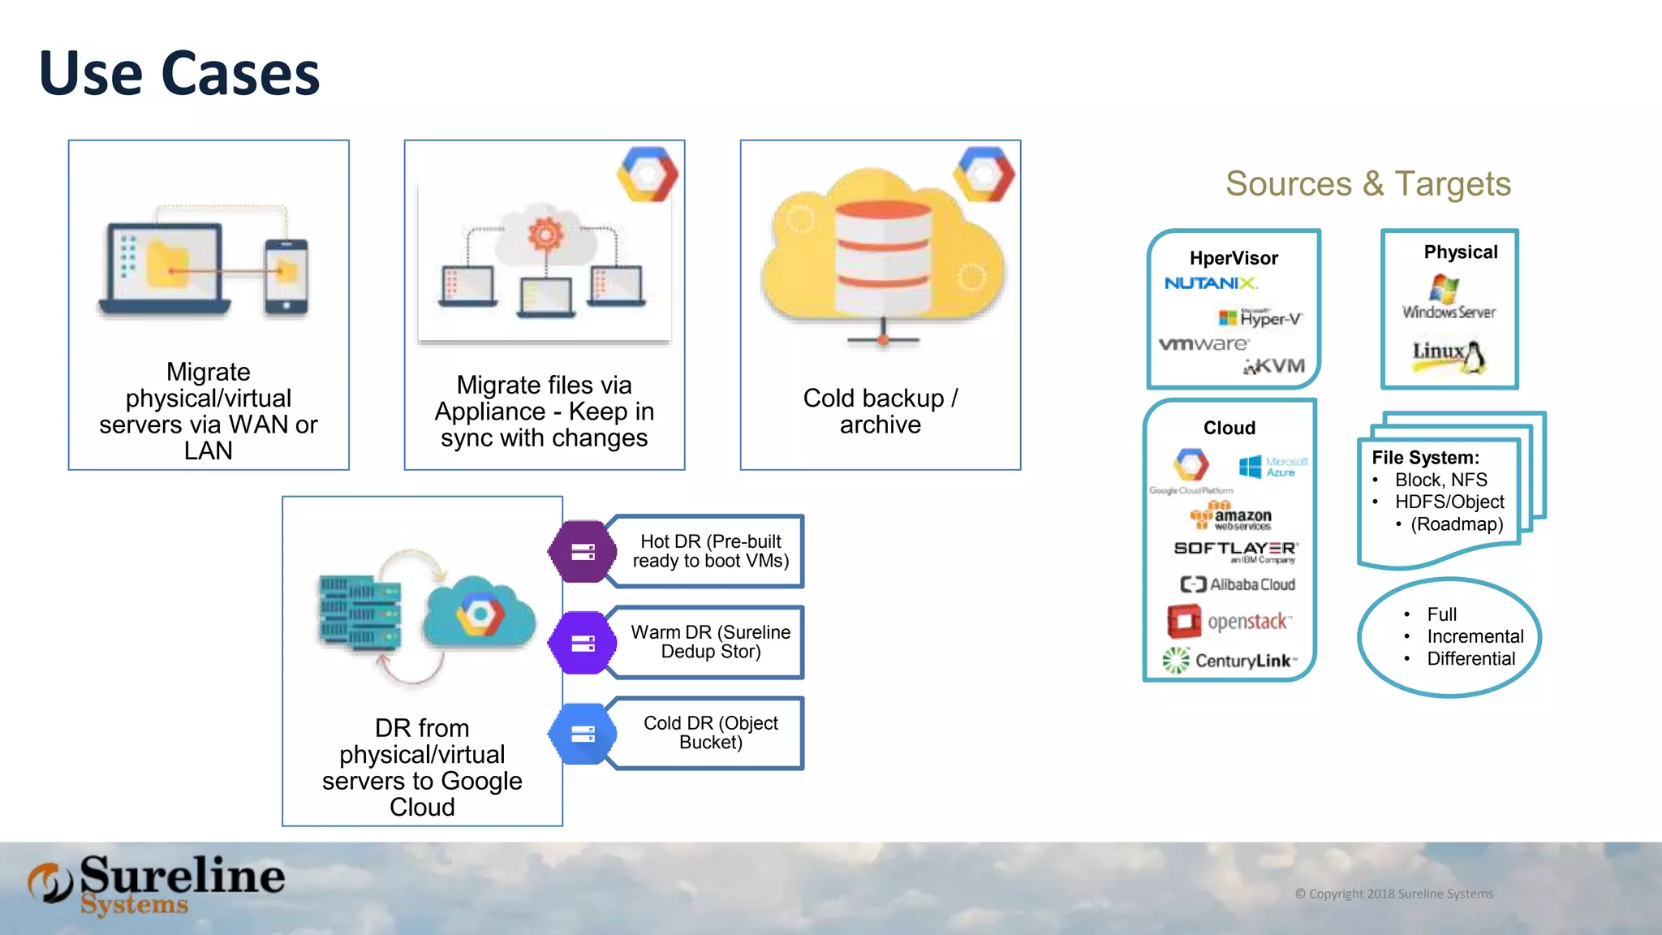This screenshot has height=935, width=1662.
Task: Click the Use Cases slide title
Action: tap(179, 74)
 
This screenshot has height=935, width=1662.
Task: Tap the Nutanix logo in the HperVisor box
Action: tap(1210, 283)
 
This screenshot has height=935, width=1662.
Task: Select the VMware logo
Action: tap(1203, 344)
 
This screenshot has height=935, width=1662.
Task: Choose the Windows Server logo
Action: tap(1449, 298)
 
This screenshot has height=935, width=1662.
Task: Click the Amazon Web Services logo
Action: tap(1231, 516)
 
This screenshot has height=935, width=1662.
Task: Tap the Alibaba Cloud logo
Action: tap(1238, 584)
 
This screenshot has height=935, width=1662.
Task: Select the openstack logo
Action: tap(1229, 622)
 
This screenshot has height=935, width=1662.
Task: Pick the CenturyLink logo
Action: tap(1230, 661)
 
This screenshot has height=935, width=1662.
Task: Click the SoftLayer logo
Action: tap(1235, 551)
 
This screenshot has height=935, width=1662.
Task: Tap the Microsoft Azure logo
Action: tap(1272, 467)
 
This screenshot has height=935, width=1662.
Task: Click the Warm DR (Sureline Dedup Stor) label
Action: tap(710, 642)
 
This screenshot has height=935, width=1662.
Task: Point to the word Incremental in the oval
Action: tap(1475, 636)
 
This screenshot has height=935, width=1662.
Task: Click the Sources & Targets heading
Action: tap(1367, 184)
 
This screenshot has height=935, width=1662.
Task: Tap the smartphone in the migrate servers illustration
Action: tap(286, 277)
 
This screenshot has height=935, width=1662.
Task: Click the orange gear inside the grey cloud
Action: tap(545, 234)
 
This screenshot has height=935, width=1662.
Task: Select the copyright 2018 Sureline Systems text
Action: tap(1393, 894)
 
